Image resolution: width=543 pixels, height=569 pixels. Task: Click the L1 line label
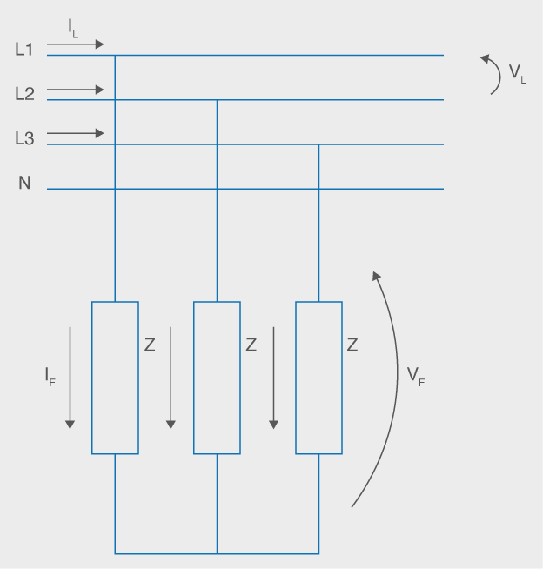(x=24, y=50)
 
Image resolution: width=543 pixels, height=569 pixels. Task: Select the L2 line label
(x=24, y=94)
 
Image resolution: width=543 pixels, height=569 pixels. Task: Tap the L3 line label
(x=24, y=138)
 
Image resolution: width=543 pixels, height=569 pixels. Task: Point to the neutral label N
(x=24, y=184)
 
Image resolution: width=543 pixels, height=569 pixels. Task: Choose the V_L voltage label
(x=518, y=74)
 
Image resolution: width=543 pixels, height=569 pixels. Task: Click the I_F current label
(x=50, y=377)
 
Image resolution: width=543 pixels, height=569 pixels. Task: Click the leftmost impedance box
(x=115, y=378)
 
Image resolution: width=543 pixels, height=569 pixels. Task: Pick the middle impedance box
(x=217, y=378)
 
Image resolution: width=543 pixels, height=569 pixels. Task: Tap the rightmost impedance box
(x=318, y=378)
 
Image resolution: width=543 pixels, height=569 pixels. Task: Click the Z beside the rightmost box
(x=352, y=345)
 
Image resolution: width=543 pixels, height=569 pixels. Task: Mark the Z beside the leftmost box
(x=150, y=345)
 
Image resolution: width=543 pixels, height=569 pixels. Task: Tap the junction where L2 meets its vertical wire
(x=217, y=100)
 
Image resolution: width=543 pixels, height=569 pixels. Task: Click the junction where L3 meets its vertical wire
(x=318, y=144)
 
